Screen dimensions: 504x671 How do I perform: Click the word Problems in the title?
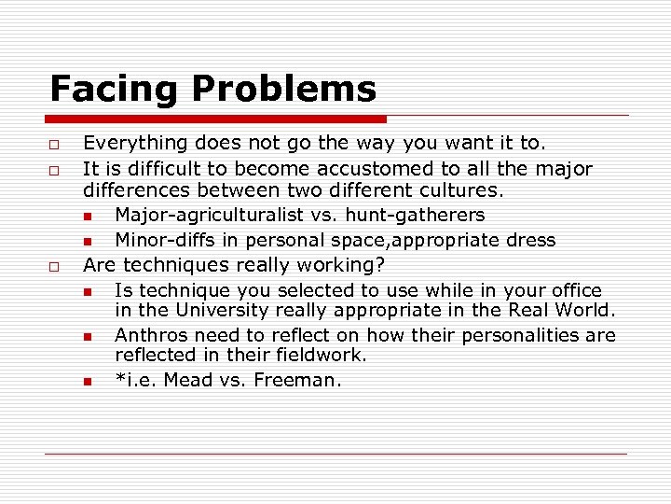pos(284,90)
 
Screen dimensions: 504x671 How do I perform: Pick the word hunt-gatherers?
pos(415,215)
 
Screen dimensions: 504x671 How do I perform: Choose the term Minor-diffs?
pos(165,240)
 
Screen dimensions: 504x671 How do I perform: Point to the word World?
pos(583,310)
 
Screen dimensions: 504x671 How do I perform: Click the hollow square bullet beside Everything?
pos(56,145)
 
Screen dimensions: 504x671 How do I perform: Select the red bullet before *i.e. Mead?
pos(87,382)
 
